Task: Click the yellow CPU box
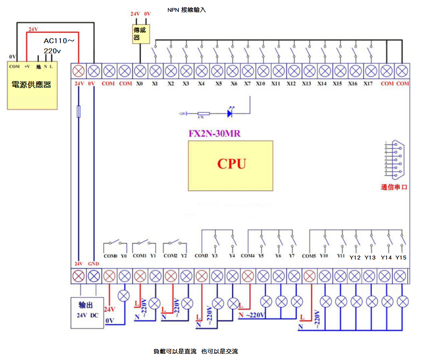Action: (231, 166)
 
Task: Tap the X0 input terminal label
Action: (140, 84)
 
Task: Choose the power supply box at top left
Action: (32, 84)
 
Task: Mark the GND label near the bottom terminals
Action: (93, 264)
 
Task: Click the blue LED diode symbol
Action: (230, 113)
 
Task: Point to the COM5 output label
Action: (309, 256)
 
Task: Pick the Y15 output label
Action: (401, 257)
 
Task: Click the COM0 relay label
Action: (110, 256)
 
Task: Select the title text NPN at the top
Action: (173, 10)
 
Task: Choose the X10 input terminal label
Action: (261, 84)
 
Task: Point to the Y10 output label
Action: (324, 256)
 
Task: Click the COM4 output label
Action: (248, 256)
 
